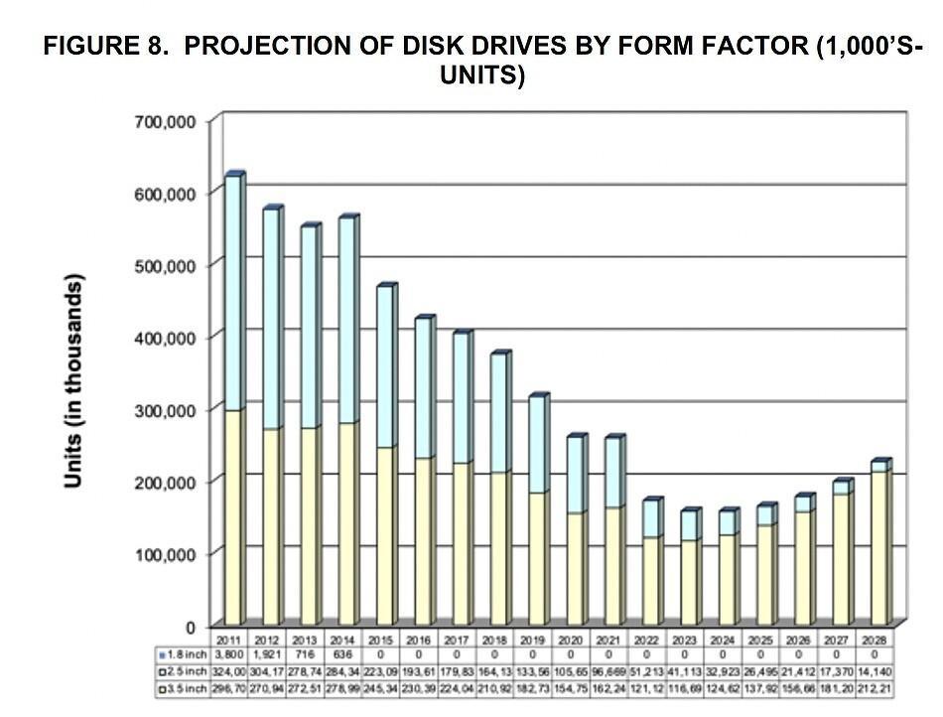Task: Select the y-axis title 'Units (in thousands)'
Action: [72, 379]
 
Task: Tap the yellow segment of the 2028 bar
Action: [877, 546]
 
